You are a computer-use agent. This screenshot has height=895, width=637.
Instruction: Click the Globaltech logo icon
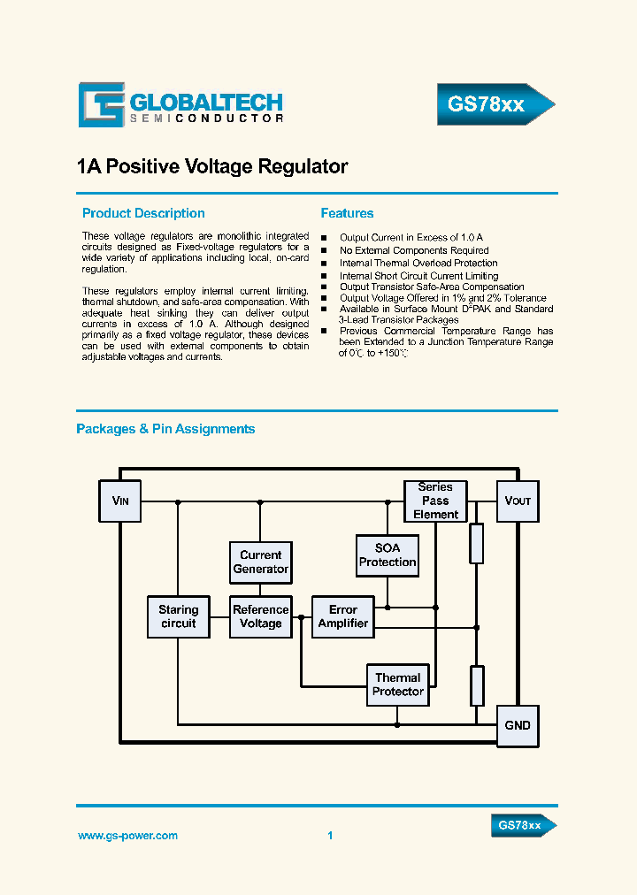pos(101,105)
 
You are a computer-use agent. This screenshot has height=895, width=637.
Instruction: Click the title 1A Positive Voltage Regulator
pos(212,167)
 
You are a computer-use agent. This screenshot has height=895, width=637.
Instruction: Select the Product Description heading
pos(143,213)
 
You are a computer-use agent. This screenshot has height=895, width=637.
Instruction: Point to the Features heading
pos(347,213)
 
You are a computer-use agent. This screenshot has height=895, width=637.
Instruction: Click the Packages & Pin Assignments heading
pos(165,429)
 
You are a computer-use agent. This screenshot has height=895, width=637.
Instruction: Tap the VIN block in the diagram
pos(119,501)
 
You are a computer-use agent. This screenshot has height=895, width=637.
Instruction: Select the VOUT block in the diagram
pos(517,501)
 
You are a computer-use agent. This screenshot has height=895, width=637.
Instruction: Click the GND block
pos(517,725)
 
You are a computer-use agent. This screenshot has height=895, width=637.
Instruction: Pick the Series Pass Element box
pos(435,501)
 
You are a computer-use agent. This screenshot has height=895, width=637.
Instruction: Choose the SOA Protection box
pos(388,555)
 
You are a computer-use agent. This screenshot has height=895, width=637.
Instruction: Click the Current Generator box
pos(260,562)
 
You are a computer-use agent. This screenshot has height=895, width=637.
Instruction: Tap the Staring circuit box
pos(178,616)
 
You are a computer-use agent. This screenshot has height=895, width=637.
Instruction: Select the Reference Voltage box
pos(260,616)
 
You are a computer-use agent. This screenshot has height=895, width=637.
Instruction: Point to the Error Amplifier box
pos(343,616)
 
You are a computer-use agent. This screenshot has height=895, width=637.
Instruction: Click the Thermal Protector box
pos(398,685)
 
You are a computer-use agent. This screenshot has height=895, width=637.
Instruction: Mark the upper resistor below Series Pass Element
pos(477,543)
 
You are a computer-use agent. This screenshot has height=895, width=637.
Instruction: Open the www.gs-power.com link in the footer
pos(127,836)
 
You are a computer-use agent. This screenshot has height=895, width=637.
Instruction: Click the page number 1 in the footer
pos(330,836)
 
